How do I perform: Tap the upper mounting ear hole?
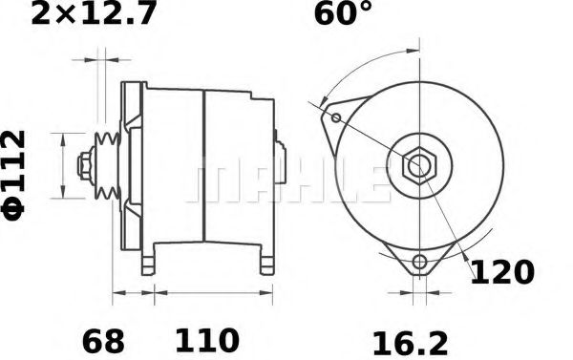336,117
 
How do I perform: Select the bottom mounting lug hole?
419,263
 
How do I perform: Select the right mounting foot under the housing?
260,259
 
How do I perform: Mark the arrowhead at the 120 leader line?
464,257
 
